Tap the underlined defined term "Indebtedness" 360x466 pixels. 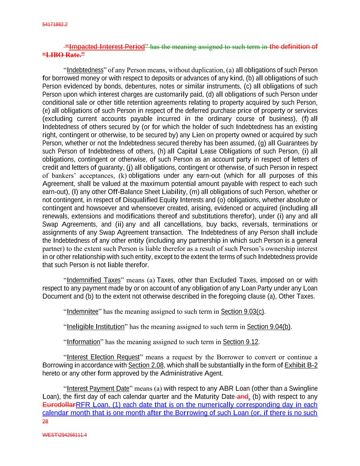85,70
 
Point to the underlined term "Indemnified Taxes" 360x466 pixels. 94,280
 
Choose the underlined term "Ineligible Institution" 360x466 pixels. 96,327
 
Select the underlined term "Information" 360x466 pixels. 84,342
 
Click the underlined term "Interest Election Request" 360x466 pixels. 103,357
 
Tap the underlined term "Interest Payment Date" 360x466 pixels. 98,389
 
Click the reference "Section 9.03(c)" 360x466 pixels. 243,311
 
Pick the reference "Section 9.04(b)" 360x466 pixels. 269,327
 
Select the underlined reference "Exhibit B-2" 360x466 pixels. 301,365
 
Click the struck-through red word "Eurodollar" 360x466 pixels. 59,405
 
